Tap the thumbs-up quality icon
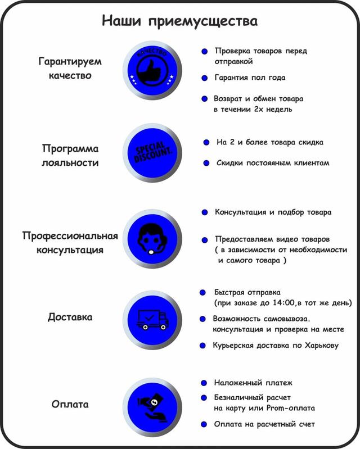coord(152,70)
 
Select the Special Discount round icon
coord(152,153)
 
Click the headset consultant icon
coord(152,239)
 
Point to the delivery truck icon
coord(152,320)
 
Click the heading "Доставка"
coord(70,317)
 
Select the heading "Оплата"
coord(70,404)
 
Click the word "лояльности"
coord(70,162)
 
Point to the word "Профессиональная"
coord(70,235)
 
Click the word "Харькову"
coord(322,346)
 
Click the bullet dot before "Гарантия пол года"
coord(204,78)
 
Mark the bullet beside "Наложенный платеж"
coord(204,383)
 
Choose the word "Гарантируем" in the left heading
coord(70,62)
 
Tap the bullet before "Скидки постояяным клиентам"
coord(206,163)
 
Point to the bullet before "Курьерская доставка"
coord(202,346)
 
